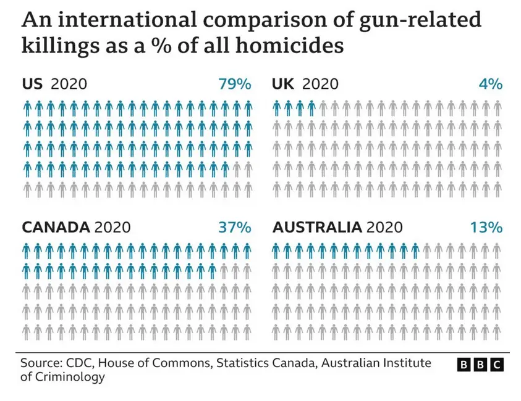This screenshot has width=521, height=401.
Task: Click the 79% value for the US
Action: coord(234,84)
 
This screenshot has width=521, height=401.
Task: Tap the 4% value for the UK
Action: coord(491,84)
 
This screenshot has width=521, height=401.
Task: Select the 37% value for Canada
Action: coord(234,227)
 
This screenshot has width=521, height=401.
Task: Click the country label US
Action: coord(32,84)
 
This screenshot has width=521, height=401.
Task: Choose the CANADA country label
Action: coord(56,227)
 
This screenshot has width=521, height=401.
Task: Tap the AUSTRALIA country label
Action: coord(316,227)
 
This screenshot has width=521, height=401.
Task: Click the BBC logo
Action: coord(480,365)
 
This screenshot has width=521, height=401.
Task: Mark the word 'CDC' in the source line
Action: coord(78,362)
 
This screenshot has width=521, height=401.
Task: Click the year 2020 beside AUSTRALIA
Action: coord(384,227)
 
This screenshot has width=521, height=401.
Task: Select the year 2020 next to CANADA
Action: coord(112,227)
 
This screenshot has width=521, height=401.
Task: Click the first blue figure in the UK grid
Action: coord(277,109)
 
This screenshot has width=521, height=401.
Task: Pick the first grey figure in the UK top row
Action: coord(323,109)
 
